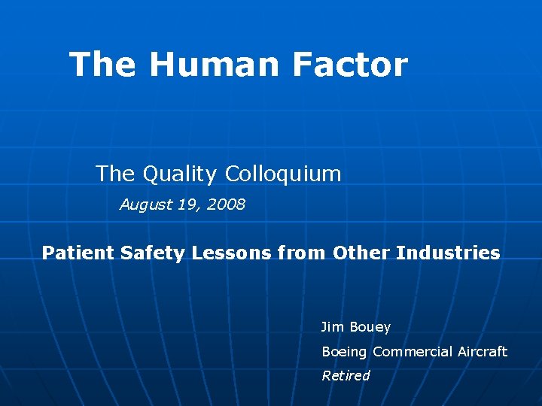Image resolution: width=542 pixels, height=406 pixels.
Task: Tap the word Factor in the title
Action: pyautogui.click(x=349, y=65)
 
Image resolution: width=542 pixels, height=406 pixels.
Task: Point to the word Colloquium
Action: pyautogui.click(x=283, y=174)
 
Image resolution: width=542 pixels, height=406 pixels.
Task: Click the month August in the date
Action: pyautogui.click(x=146, y=205)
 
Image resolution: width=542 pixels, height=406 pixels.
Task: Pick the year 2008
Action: pyautogui.click(x=226, y=205)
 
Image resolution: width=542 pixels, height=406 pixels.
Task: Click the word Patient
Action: pyautogui.click(x=75, y=253)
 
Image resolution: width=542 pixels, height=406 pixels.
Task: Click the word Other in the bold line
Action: pyautogui.click(x=359, y=253)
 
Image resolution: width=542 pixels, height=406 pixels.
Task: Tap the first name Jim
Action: pyautogui.click(x=333, y=327)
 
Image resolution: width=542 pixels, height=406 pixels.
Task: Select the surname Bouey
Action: pyautogui.click(x=370, y=328)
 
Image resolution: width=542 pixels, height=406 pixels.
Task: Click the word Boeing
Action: pyautogui.click(x=345, y=352)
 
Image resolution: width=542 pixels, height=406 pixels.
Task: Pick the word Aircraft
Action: pyautogui.click(x=483, y=351)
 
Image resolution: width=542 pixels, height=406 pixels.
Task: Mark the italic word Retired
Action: pyautogui.click(x=346, y=375)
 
